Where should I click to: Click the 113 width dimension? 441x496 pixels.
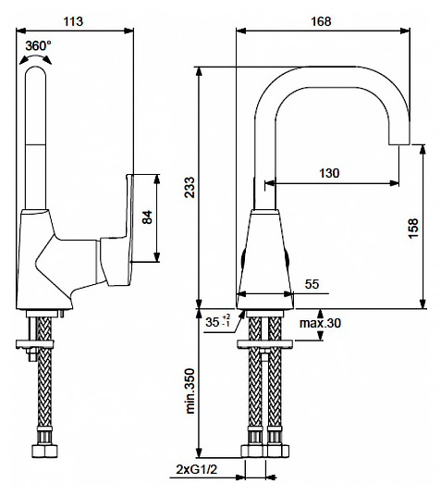(x=73, y=21)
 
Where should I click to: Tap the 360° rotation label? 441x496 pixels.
(x=38, y=46)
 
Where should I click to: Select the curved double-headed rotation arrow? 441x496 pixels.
(x=35, y=58)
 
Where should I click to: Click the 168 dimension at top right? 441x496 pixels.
(x=321, y=21)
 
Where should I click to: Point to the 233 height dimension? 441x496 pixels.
(x=190, y=187)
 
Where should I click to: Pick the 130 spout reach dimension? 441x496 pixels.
(x=329, y=173)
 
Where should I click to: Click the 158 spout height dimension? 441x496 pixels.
(x=413, y=228)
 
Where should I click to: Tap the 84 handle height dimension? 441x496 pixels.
(x=147, y=217)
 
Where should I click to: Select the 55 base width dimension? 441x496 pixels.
(x=312, y=284)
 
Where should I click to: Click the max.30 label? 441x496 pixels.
(x=320, y=323)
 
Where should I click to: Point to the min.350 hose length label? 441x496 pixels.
(x=190, y=391)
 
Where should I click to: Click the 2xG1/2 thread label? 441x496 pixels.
(x=197, y=478)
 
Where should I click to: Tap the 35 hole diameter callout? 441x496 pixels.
(x=218, y=322)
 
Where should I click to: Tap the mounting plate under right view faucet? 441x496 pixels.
(x=265, y=344)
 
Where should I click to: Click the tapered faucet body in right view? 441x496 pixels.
(x=265, y=259)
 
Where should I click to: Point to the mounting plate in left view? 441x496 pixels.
(x=35, y=344)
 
